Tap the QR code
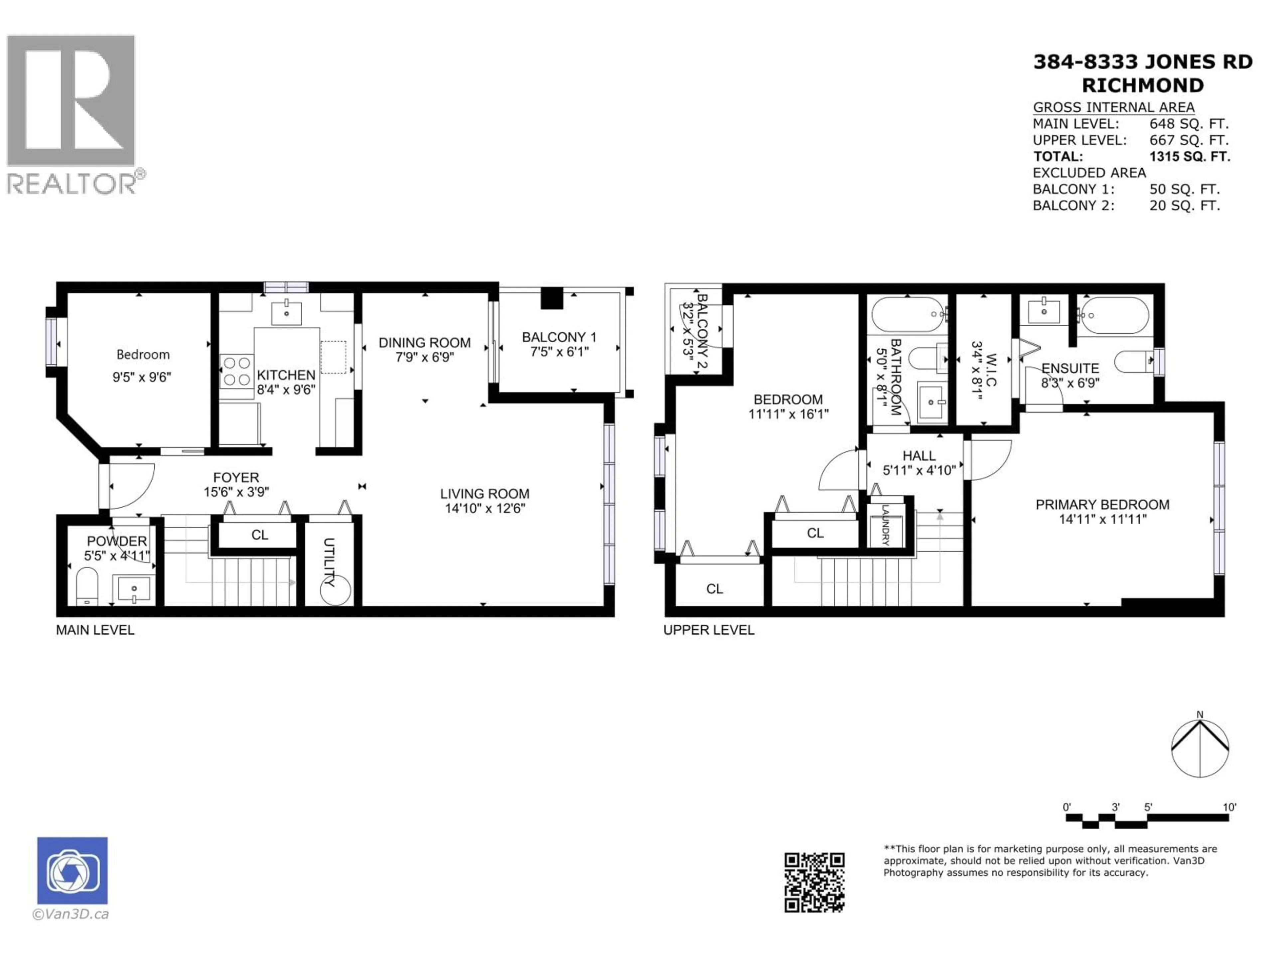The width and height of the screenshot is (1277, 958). click(x=814, y=882)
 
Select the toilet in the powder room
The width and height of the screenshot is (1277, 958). click(x=87, y=585)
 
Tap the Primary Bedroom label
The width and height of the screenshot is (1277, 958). click(x=1102, y=505)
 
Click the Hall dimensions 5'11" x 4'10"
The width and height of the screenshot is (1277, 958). click(x=919, y=470)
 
